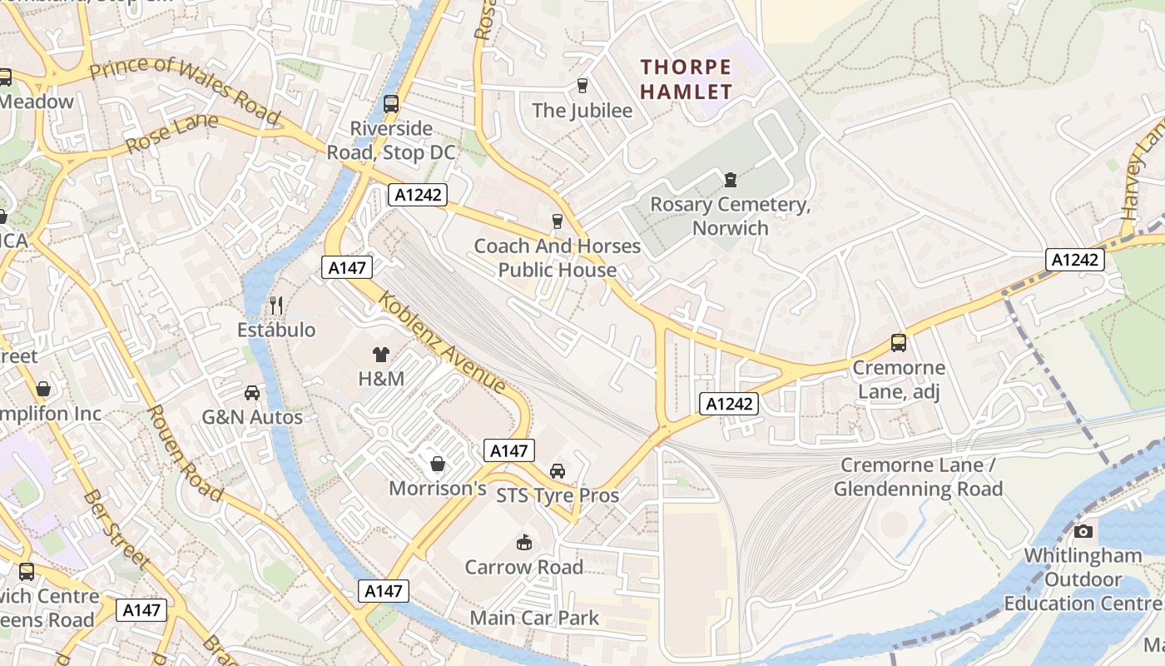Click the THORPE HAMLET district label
687,78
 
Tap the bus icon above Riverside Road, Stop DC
390,104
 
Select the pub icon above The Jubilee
582,85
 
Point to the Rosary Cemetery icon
730,179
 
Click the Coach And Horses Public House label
558,257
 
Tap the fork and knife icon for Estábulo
276,306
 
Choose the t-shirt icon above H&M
381,354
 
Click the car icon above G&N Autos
252,392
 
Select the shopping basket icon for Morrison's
437,464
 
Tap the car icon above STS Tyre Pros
558,470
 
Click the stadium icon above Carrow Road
523,542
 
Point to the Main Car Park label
534,618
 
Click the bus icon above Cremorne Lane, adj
898,342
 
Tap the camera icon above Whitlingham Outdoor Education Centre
1083,531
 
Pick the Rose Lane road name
171,133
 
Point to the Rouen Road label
185,453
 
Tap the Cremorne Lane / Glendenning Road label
918,477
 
